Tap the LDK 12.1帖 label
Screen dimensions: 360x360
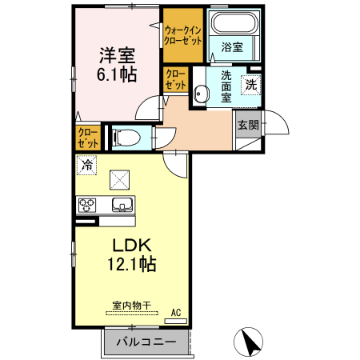[x=127, y=253]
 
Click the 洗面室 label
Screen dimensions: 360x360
[x=226, y=86]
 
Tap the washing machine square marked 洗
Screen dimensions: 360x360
[x=251, y=83]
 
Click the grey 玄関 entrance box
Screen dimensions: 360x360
[x=247, y=124]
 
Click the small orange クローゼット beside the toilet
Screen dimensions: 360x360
[x=88, y=138]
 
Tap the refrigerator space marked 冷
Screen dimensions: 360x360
[x=86, y=166]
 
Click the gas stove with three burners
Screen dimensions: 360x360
[x=87, y=204]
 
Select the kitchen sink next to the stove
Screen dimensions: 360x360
[x=122, y=204]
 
